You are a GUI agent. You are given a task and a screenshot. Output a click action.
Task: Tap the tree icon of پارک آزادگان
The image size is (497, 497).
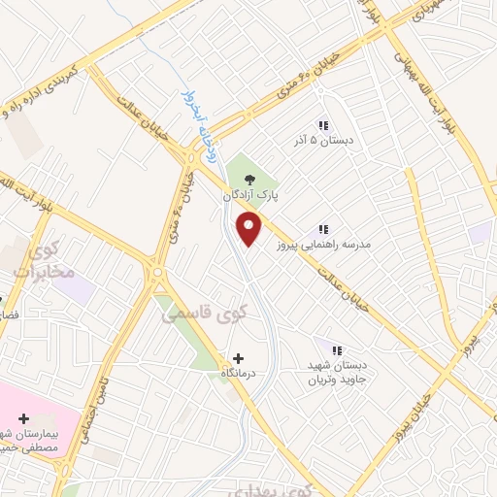[251, 179]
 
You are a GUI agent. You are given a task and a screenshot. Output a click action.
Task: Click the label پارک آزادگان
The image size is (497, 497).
[251, 195]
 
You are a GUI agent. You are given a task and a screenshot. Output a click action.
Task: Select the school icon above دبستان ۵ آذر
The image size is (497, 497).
[323, 125]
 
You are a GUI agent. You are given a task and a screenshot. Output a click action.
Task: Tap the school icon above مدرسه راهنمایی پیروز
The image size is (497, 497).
[323, 229]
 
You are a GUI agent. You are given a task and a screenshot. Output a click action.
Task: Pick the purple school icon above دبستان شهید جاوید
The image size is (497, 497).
[337, 349]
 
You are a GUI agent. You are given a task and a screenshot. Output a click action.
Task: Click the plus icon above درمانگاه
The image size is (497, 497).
[238, 357]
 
